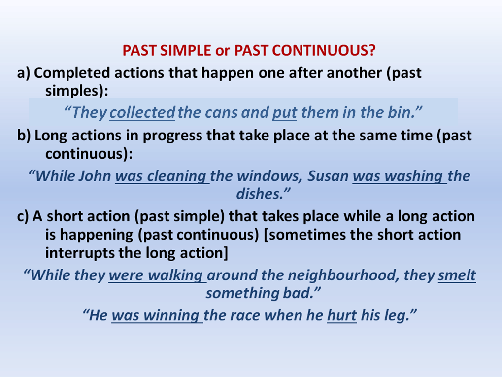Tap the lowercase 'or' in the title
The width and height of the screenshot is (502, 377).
click(223, 51)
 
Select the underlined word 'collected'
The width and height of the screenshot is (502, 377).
click(142, 112)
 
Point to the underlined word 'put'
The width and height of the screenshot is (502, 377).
click(285, 113)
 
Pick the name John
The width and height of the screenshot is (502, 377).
click(95, 176)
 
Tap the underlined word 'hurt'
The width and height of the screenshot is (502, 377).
click(342, 316)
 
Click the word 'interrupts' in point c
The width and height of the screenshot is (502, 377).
click(80, 253)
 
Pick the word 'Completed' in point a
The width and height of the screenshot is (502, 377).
click(72, 73)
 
